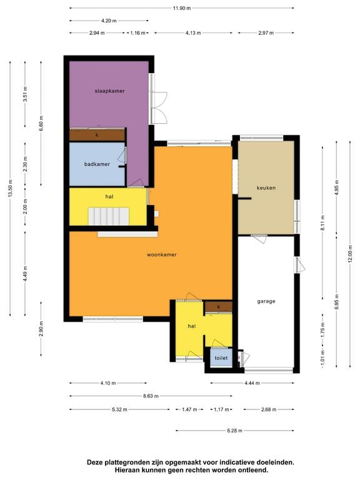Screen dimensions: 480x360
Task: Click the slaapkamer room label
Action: tap(109, 91)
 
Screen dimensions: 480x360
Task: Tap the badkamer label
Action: tap(97, 164)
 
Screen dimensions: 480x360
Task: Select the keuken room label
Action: tap(266, 187)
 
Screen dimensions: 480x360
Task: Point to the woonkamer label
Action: tap(161, 255)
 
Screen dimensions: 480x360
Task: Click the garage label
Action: tap(266, 301)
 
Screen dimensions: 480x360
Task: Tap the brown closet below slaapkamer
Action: tap(97, 134)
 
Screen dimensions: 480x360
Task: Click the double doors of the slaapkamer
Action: tap(159, 107)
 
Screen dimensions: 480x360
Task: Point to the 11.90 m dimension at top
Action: tap(182, 8)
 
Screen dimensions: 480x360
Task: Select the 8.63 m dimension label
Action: tap(151, 396)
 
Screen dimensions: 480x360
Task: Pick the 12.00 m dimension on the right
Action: tap(350, 253)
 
